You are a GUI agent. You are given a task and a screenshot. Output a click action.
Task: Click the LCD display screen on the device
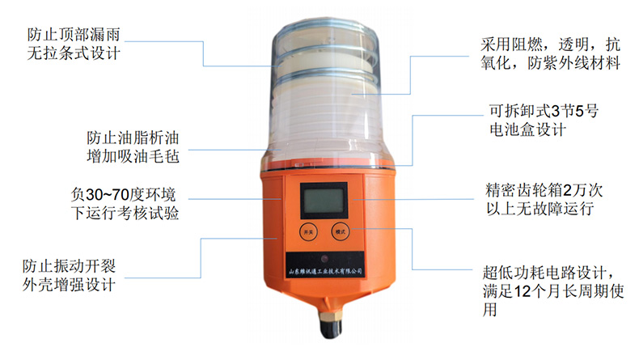(x=324, y=201)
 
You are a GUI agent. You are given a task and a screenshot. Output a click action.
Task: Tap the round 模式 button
(x=341, y=232)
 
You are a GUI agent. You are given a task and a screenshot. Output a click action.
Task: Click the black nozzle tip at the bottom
(x=331, y=328)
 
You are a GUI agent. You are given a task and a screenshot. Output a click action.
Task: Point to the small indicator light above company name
(x=325, y=259)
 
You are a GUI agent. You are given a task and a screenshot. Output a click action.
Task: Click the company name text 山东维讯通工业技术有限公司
(x=325, y=271)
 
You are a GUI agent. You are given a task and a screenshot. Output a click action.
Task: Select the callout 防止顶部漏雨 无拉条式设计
(x=74, y=44)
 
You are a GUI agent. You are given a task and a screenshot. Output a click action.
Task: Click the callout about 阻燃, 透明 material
(x=550, y=53)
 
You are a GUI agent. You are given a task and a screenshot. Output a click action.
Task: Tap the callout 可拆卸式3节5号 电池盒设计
(x=544, y=121)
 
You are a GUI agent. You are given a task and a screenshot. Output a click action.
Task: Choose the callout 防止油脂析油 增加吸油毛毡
(x=133, y=146)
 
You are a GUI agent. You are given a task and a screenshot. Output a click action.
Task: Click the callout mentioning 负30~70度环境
(x=125, y=203)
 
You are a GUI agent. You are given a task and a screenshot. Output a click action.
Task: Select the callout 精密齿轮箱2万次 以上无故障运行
(x=544, y=199)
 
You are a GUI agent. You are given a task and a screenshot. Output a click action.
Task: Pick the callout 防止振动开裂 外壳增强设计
(x=69, y=275)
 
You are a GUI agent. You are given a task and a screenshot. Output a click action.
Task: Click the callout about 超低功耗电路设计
(x=553, y=290)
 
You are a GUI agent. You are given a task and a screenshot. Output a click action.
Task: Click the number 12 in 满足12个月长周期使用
(x=522, y=291)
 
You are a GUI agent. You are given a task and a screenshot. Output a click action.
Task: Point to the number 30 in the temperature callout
(x=94, y=195)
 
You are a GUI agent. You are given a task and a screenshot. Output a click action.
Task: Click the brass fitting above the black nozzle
(x=331, y=314)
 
